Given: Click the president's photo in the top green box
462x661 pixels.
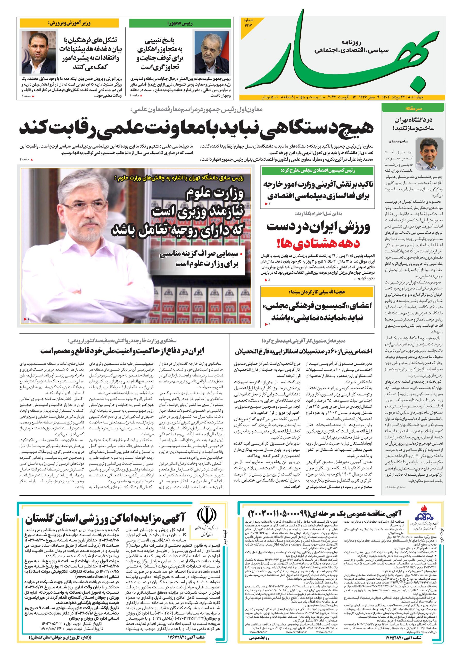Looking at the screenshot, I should pyautogui.click(x=212, y=52).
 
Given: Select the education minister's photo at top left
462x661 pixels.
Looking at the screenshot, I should pyautogui.click(x=38, y=52).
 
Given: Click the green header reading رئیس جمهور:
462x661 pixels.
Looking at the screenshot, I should pyautogui.click(x=180, y=23).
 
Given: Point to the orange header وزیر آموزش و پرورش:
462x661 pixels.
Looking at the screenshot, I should pyautogui.click(x=69, y=23).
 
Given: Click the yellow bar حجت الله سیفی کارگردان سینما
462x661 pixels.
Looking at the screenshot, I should pyautogui.click(x=317, y=292).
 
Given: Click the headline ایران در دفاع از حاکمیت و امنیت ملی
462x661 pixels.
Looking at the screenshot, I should pyautogui.click(x=122, y=351).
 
